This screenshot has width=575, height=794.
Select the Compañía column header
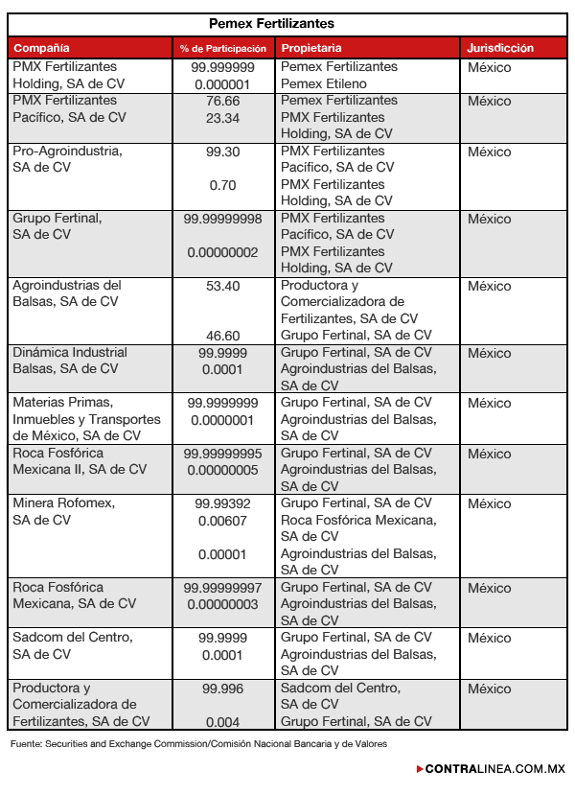click(x=41, y=48)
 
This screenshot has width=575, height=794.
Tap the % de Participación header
click(x=222, y=48)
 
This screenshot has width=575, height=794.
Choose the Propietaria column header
click(x=311, y=48)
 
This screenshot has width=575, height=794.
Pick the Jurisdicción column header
click(x=500, y=48)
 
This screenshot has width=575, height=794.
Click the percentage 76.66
click(x=222, y=101)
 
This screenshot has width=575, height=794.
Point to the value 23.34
click(x=222, y=118)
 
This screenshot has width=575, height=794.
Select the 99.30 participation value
click(x=222, y=152)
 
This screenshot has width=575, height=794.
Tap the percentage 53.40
click(x=222, y=286)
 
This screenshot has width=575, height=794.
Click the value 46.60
click(x=222, y=336)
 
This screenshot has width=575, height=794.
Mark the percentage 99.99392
click(x=222, y=503)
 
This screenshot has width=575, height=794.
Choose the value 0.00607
click(x=222, y=521)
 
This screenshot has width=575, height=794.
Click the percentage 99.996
click(x=222, y=689)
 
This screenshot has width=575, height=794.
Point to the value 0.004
click(x=222, y=722)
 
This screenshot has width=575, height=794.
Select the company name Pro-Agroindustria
click(x=67, y=152)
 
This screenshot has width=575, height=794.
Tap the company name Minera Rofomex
click(x=63, y=503)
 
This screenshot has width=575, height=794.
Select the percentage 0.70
click(x=222, y=185)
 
